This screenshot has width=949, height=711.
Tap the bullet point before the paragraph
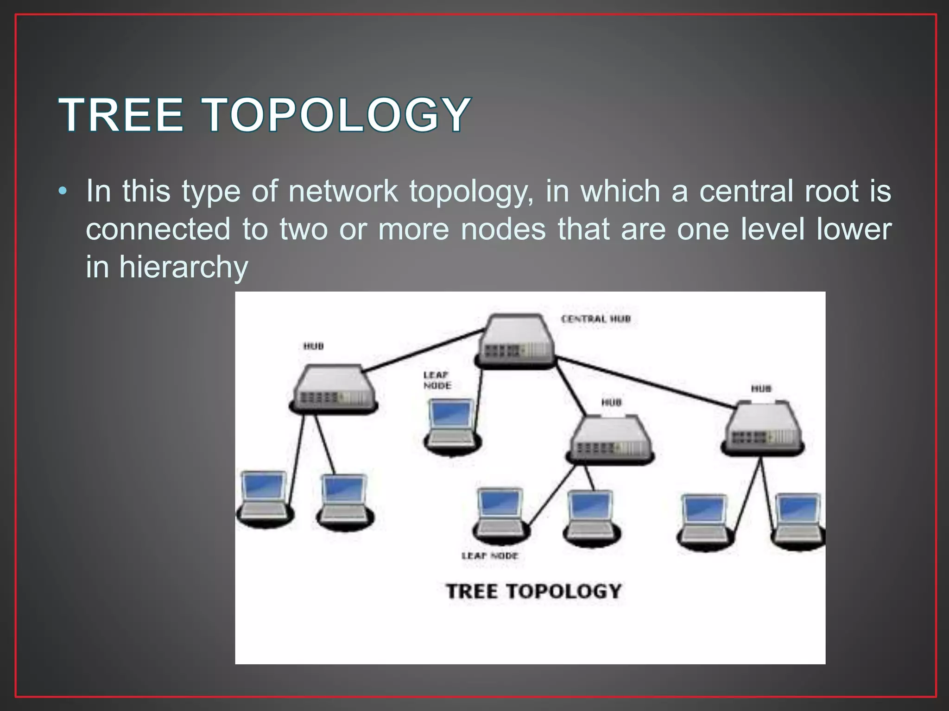click(63, 191)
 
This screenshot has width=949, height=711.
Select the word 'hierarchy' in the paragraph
click(183, 267)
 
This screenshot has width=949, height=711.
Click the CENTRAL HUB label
click(596, 319)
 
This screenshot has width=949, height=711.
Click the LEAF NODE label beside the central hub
click(437, 380)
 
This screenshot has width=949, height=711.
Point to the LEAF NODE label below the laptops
click(490, 555)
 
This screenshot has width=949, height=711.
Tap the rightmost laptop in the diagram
click(798, 521)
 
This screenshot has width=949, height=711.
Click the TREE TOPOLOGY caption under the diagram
click(533, 592)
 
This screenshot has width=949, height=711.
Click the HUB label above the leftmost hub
click(314, 346)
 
